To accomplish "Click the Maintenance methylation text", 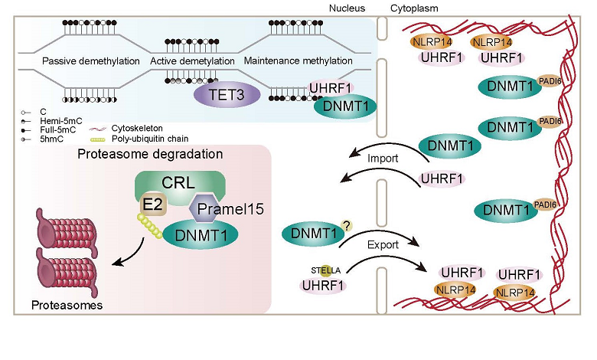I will (298, 61).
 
